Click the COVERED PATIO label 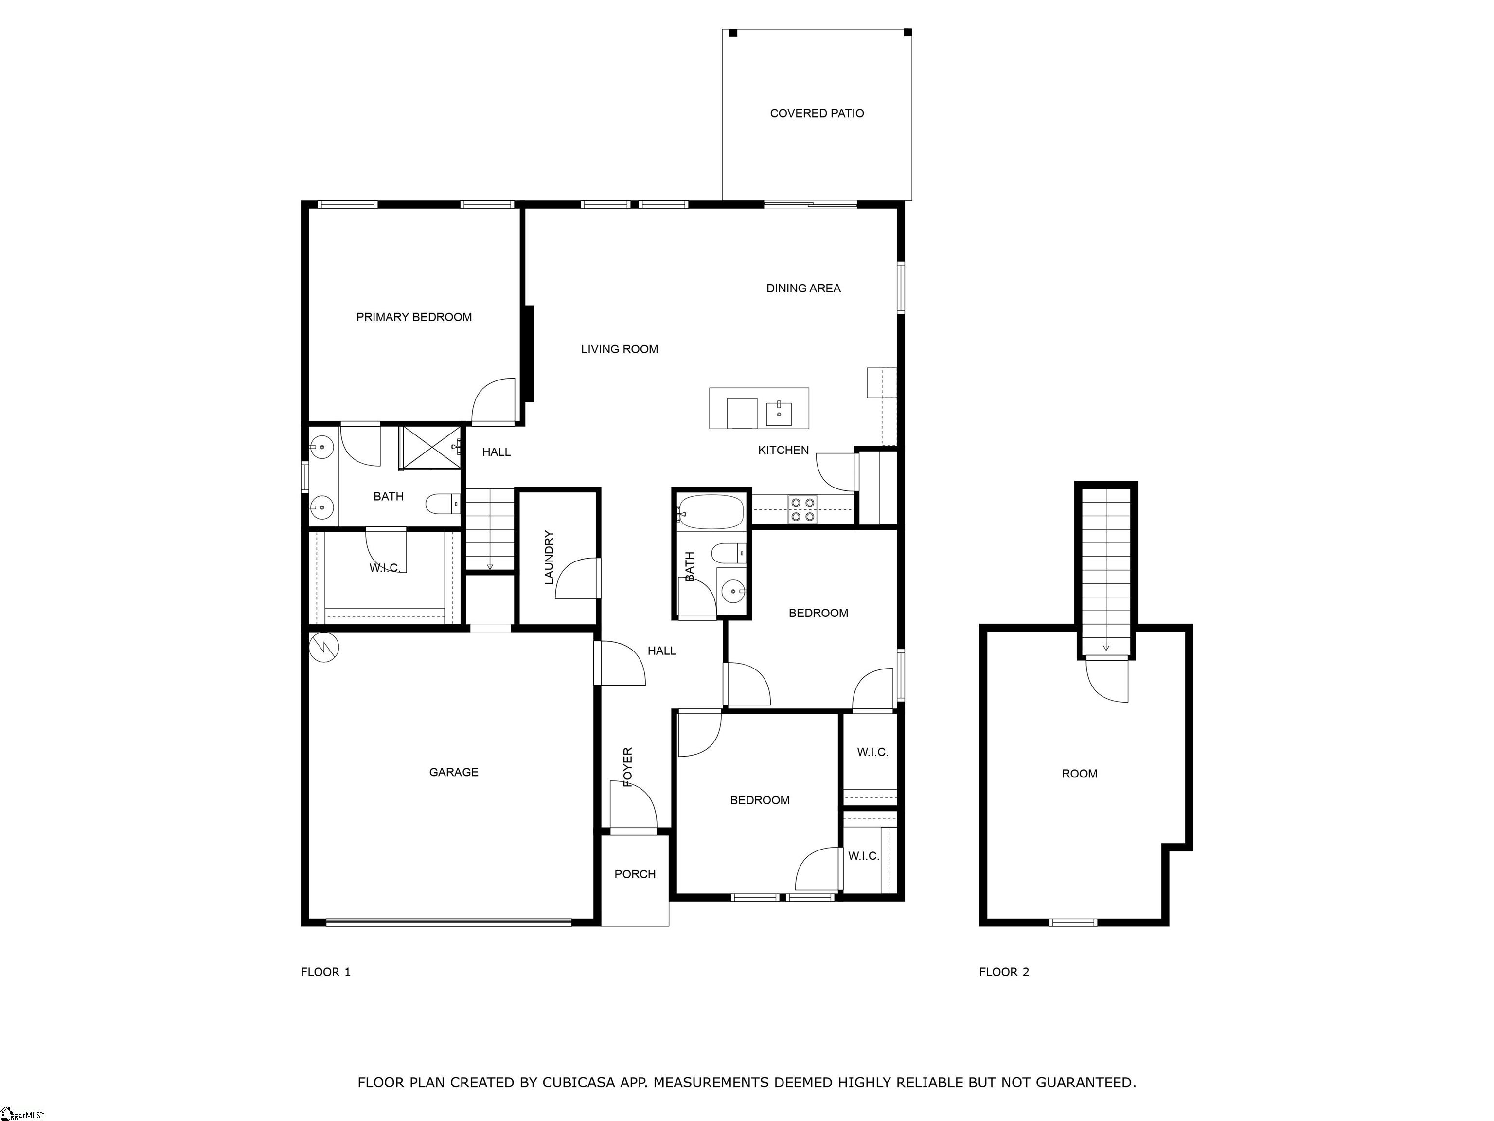[817, 113]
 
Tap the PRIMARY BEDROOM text [414, 317]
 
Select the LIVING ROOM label [620, 349]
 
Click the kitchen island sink [779, 413]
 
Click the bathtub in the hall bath [711, 511]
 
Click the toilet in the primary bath [443, 504]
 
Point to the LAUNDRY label [549, 558]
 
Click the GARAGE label [454, 772]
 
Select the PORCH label [635, 874]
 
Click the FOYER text [627, 767]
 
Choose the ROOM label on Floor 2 [1079, 774]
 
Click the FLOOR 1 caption [325, 972]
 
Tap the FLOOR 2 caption [1004, 972]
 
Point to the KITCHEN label [783, 450]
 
